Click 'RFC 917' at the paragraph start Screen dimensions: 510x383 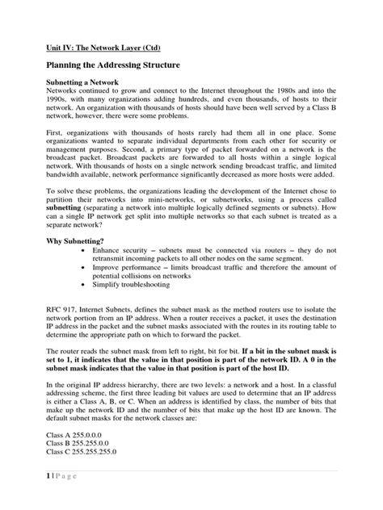(62, 308)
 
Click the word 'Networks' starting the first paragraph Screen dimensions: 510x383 (61, 92)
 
